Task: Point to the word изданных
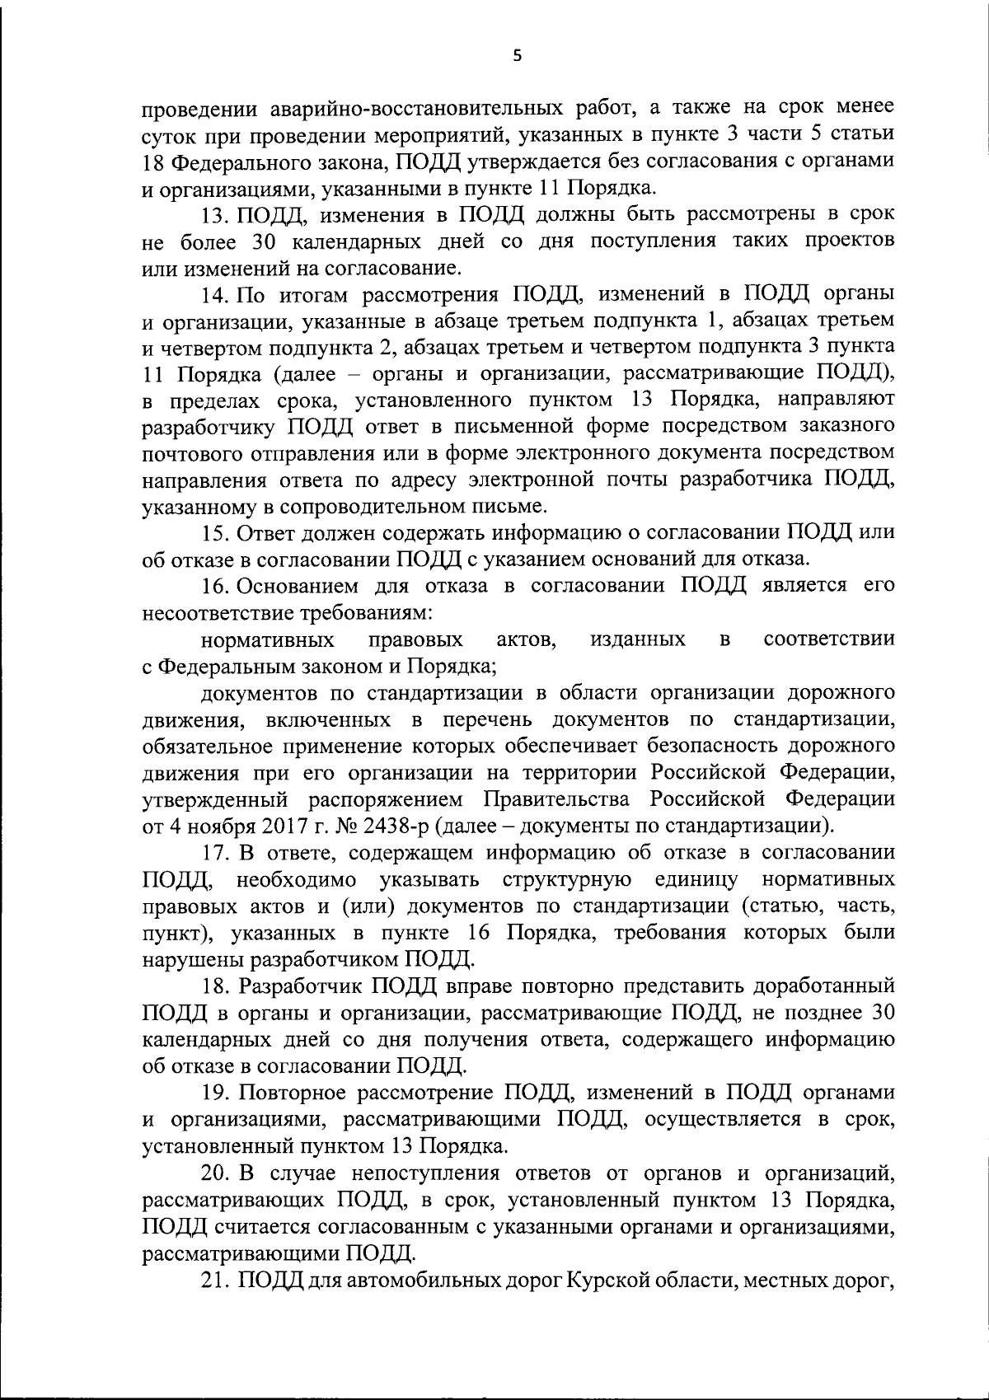[x=638, y=639]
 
